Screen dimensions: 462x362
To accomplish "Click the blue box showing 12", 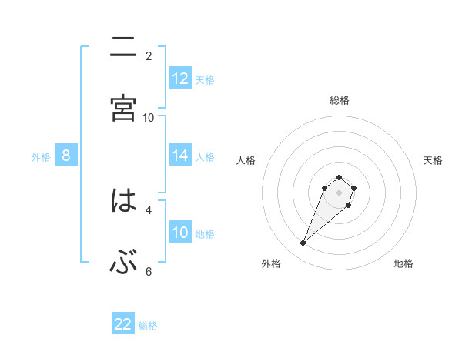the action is tap(180, 79).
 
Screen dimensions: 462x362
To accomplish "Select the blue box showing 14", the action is tap(180, 156).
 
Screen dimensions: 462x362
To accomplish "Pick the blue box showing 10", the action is tap(180, 233).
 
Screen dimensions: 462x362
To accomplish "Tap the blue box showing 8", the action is tap(66, 156).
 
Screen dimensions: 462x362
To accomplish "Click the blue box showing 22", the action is tap(123, 324).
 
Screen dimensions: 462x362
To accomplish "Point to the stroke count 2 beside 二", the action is tap(149, 55).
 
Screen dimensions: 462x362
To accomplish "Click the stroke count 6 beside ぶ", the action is tap(149, 271).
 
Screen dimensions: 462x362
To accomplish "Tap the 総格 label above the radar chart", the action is tap(340, 100).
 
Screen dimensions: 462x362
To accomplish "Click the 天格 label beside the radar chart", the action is tap(433, 160).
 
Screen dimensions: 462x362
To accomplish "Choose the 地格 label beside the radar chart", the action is tap(403, 264).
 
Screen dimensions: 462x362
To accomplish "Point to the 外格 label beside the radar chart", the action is tap(271, 264).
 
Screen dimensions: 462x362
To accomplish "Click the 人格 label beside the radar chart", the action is tap(246, 160).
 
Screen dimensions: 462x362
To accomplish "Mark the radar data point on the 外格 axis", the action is tap(303, 243).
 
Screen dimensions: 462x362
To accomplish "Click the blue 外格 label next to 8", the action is tap(41, 157).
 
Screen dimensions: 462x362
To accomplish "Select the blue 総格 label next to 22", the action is tap(148, 326).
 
